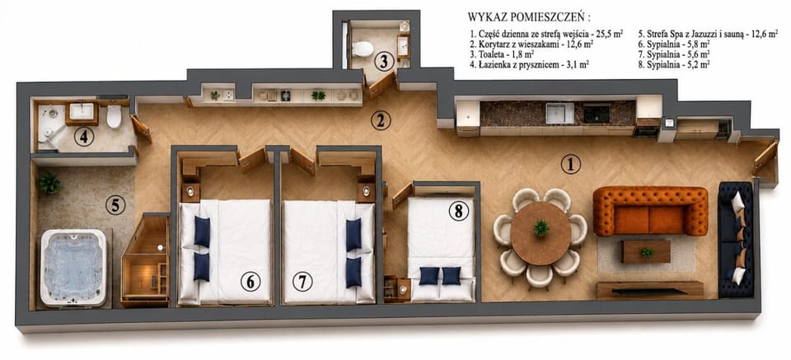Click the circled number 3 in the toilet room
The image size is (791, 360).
coord(385,62)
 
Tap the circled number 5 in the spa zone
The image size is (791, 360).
coord(115,205)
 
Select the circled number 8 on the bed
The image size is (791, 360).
coord(458,212)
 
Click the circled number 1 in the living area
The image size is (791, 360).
coord(570,165)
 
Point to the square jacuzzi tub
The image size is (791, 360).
coord(73,268)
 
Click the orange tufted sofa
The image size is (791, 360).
coord(650,211)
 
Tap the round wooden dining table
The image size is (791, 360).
coord(541,233)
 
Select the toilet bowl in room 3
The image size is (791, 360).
coord(363,49)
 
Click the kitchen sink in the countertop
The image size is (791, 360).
coord(560,113)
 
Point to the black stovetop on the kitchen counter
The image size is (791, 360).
coord(596,113)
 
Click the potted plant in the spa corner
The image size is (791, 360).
coord(49,183)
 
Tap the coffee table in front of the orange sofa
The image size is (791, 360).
coord(646,251)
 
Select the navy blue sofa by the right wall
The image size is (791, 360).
coord(736,240)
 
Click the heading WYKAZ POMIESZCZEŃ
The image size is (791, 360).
coord(529,17)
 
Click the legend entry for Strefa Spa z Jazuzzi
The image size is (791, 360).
coord(707,35)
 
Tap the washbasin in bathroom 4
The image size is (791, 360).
coord(82,111)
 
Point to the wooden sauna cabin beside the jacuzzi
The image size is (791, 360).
coord(146,260)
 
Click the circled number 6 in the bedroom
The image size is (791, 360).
coord(250,282)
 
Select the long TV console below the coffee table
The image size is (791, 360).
coord(650,290)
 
